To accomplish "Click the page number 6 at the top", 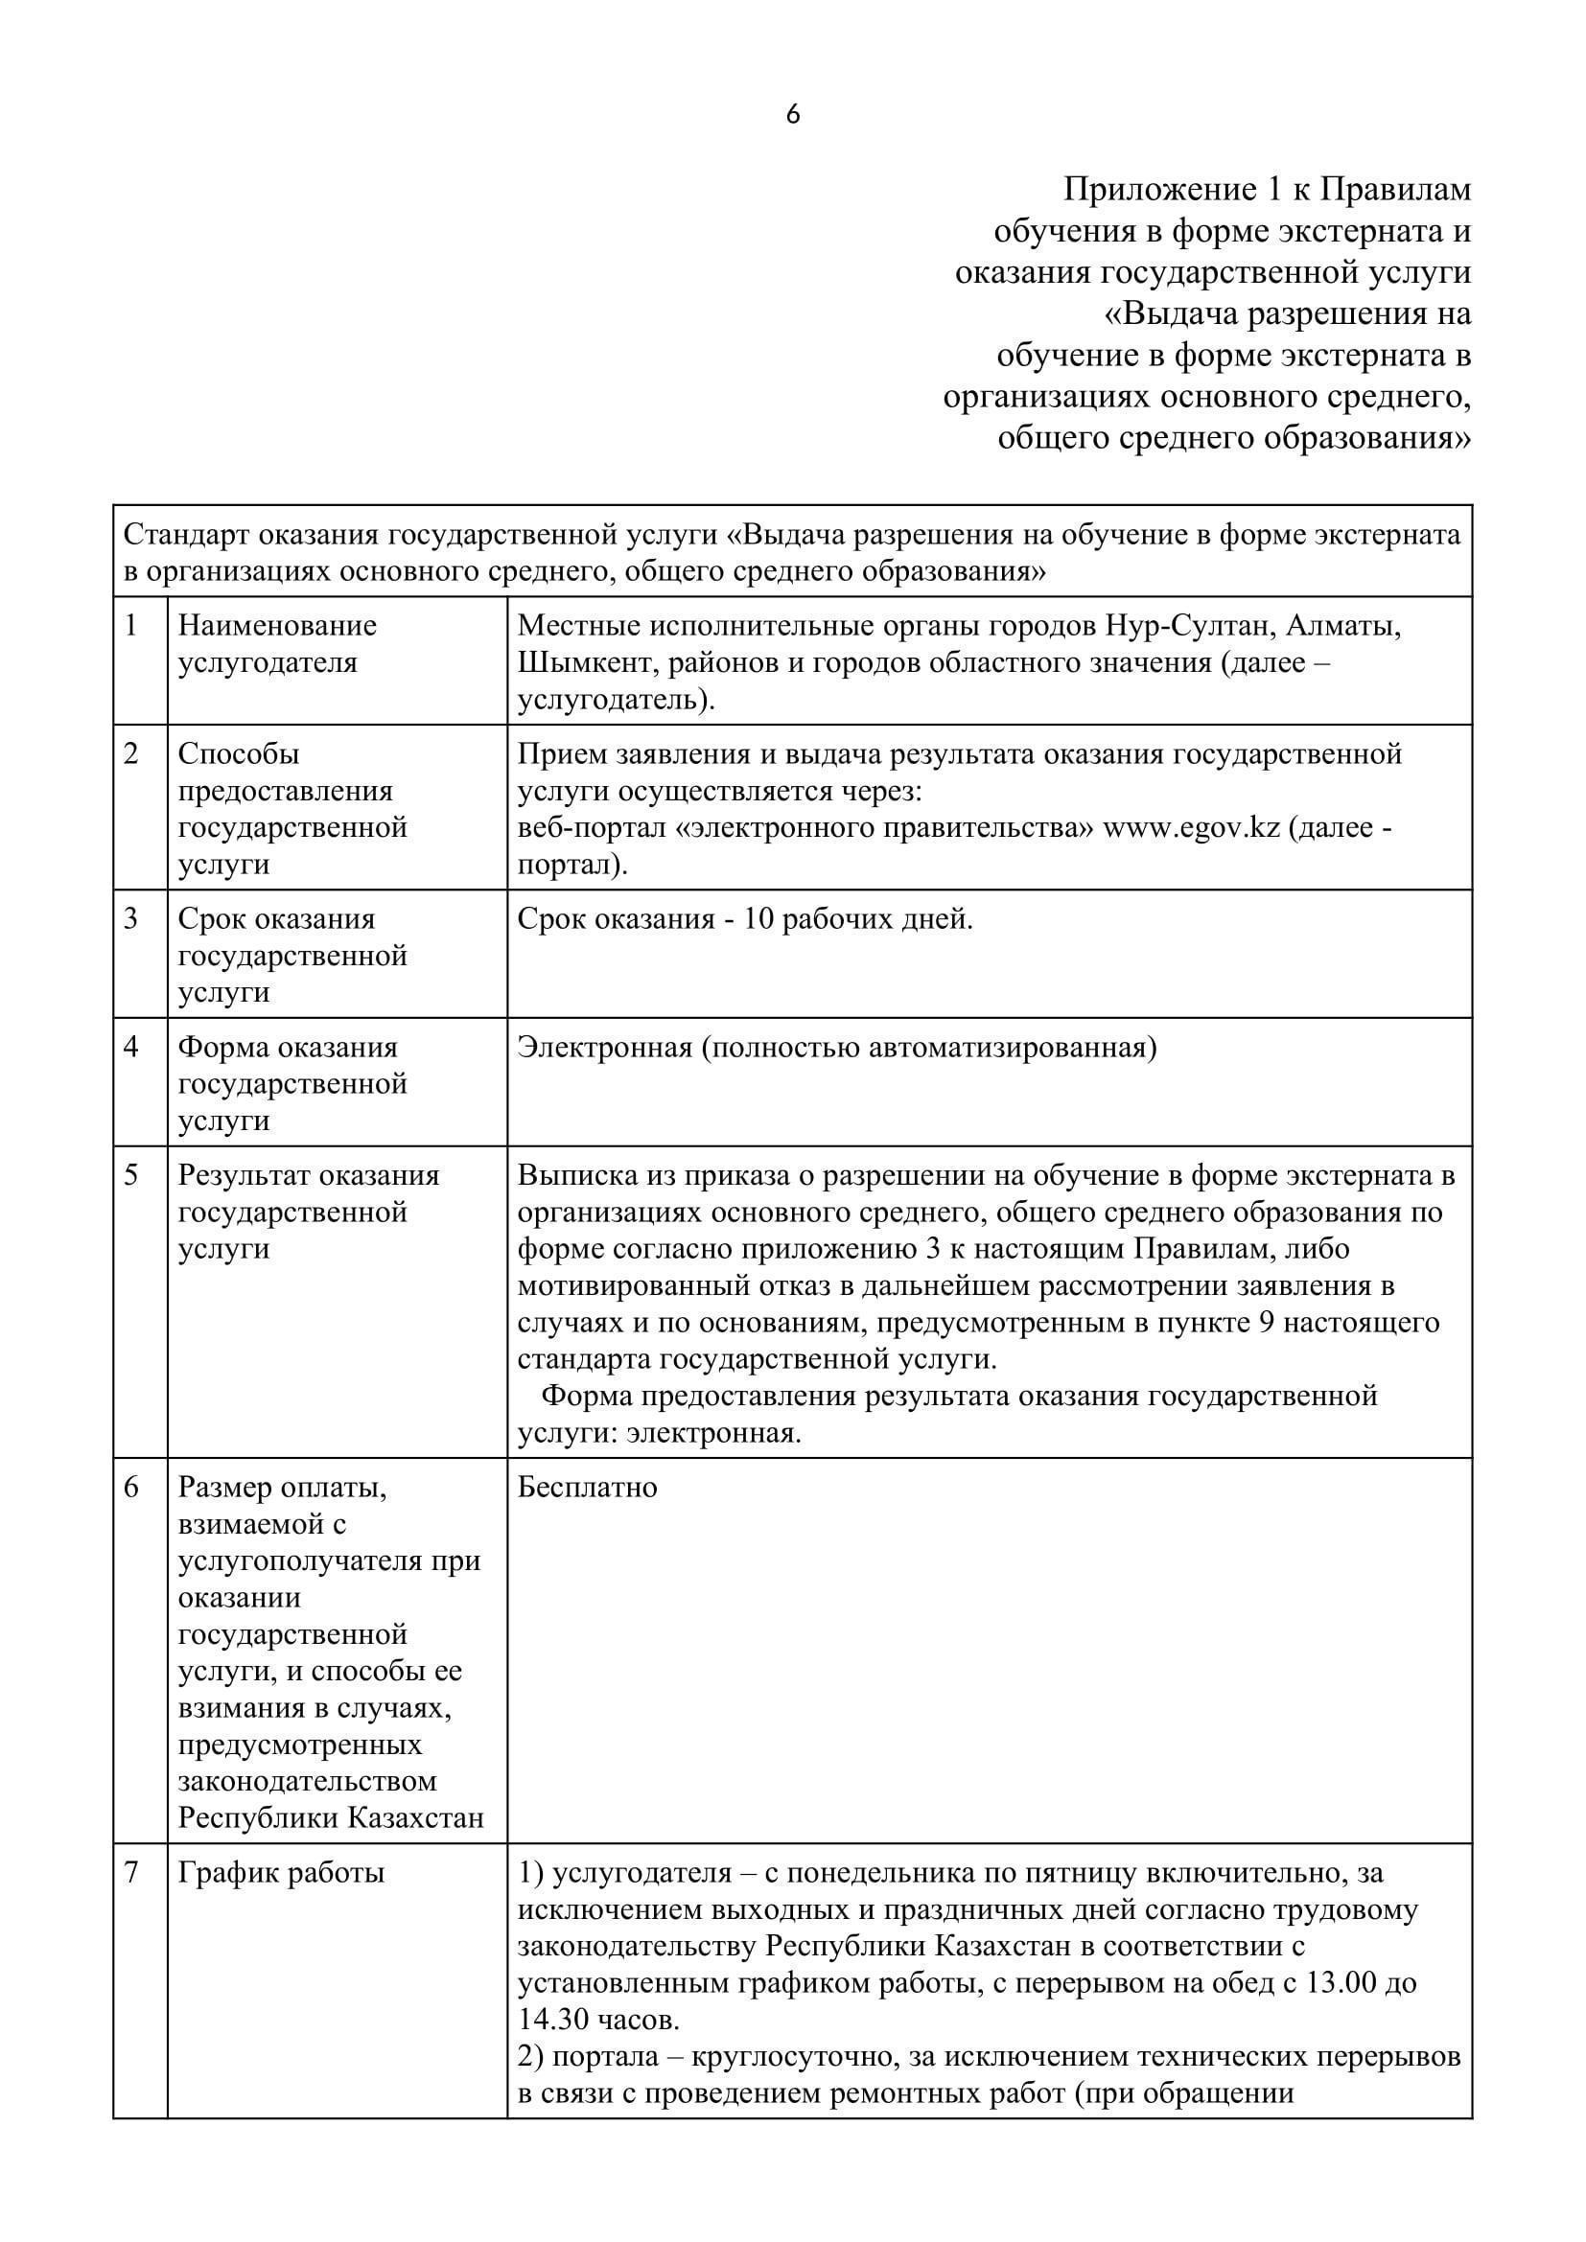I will click(x=793, y=115).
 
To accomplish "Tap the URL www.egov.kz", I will click(x=1191, y=828).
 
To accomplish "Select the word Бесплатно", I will click(x=587, y=1488).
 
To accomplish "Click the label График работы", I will click(x=281, y=1873).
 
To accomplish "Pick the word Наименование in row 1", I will click(x=277, y=625).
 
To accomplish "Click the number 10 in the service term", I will click(x=758, y=919).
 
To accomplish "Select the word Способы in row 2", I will click(x=239, y=753).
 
